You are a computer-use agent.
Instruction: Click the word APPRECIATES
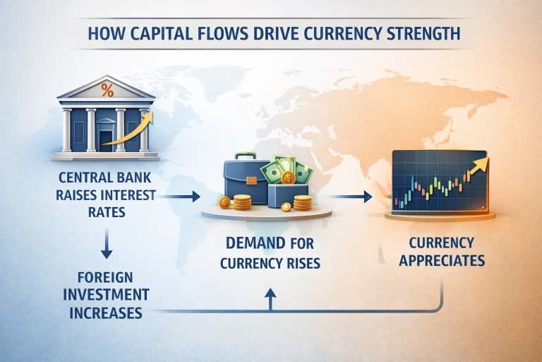tap(442, 260)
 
